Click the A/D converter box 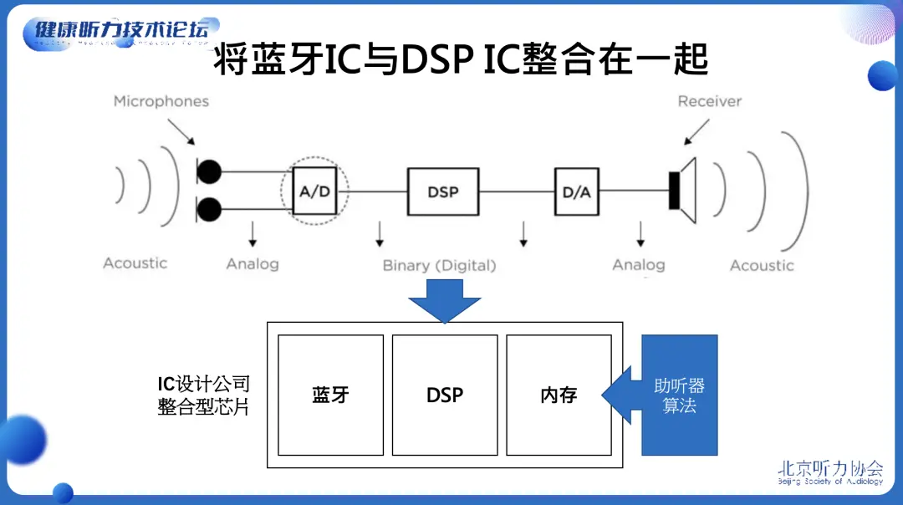coord(314,191)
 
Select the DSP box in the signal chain coord(443,191)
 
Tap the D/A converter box coord(576,191)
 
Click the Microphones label coord(161,101)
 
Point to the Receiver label coord(709,101)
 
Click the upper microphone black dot coord(210,172)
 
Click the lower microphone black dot coord(210,208)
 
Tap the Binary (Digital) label coord(439,265)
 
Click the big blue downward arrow coord(444,300)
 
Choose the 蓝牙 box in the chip coord(330,395)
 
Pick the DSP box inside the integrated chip coord(445,395)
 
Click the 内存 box coord(559,395)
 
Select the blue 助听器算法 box coord(679,395)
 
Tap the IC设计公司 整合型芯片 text coord(203,395)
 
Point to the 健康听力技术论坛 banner coord(122,31)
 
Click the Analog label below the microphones coord(252,263)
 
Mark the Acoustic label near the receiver coord(761,265)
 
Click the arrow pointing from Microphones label coord(181,130)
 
